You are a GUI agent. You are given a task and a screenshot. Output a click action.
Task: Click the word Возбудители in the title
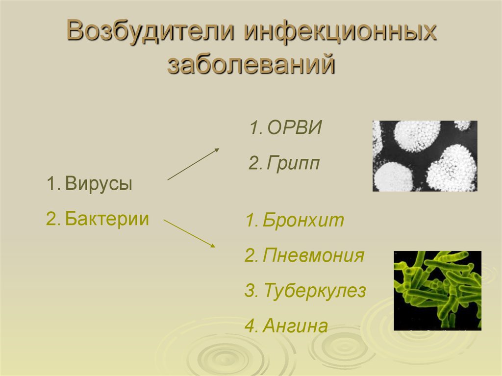pyautogui.click(x=151, y=31)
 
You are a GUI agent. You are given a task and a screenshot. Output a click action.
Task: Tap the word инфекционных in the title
pyautogui.click(x=340, y=31)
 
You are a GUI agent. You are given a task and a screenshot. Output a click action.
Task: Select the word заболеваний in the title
pyautogui.click(x=251, y=64)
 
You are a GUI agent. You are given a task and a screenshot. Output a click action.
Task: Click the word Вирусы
pyautogui.click(x=99, y=184)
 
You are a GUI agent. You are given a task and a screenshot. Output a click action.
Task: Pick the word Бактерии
pyautogui.click(x=107, y=219)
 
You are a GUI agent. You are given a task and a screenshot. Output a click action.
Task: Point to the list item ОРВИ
pyautogui.click(x=295, y=127)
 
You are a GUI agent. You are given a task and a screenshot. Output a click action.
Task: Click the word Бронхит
pyautogui.click(x=303, y=220)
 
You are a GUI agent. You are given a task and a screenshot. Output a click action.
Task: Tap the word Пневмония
pyautogui.click(x=313, y=255)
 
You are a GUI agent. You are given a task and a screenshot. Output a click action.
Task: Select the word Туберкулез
pyautogui.click(x=315, y=291)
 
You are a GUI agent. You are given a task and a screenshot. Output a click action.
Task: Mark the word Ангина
pyautogui.click(x=295, y=326)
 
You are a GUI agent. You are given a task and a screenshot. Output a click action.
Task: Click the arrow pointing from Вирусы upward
pyautogui.click(x=193, y=164)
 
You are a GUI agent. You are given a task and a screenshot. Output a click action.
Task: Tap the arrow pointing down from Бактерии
pyautogui.click(x=189, y=233)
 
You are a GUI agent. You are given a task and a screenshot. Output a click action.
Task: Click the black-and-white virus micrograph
pyautogui.click(x=425, y=156)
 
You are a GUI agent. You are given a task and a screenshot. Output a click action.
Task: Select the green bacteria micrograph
pyautogui.click(x=437, y=291)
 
